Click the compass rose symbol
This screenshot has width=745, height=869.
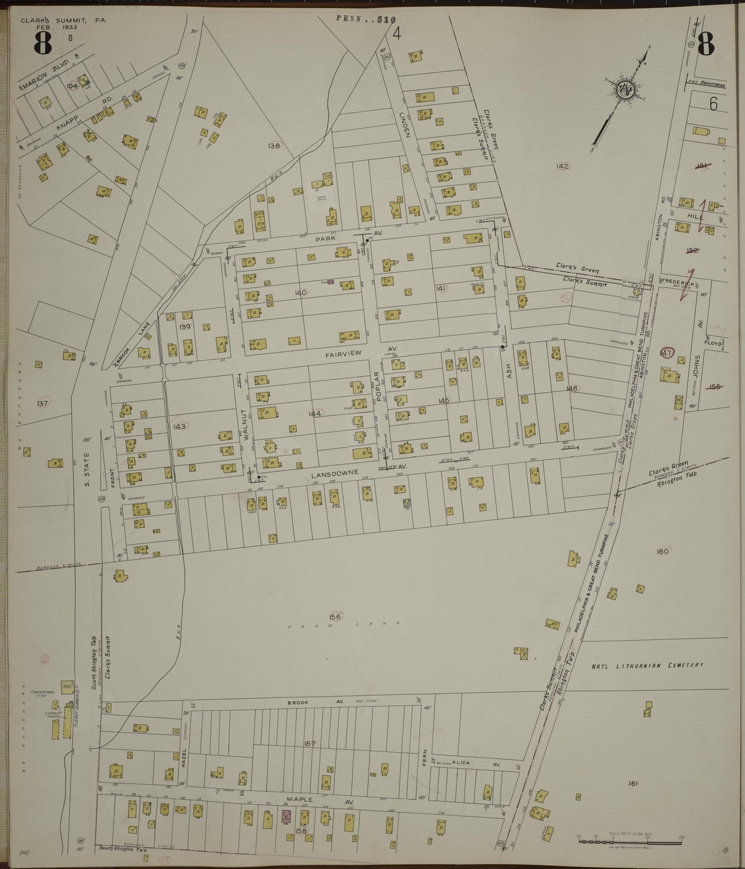pyautogui.click(x=626, y=89)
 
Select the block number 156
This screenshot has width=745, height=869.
pyautogui.click(x=336, y=616)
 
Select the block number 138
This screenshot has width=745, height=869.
pyautogui.click(x=274, y=146)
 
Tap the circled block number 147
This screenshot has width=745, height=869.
pyautogui.click(x=667, y=353)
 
